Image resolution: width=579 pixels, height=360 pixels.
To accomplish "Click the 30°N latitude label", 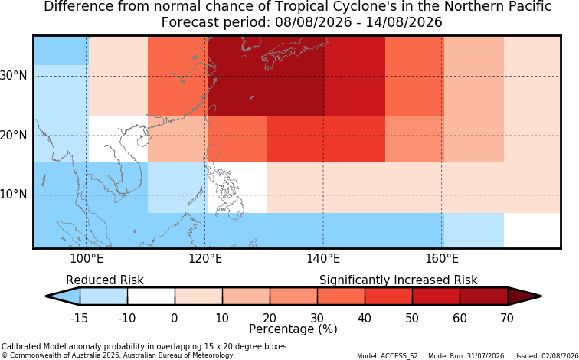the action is point(13,76).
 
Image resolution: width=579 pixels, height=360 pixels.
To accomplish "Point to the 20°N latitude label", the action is point(13,136).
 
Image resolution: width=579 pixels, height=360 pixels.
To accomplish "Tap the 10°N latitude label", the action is point(13,195).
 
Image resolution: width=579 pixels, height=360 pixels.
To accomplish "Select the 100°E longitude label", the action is point(87,259).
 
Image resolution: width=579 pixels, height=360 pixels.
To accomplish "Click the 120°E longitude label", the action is point(205,259).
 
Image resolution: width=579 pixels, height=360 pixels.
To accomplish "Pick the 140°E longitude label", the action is point(323,259).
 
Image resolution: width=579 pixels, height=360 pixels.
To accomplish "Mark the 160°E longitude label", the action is point(442,259).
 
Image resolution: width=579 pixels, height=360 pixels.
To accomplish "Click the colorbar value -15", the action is point(80,318).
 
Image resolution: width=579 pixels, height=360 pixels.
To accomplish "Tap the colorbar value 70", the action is point(507,318).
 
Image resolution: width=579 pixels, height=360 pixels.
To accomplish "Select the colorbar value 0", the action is point(175,318).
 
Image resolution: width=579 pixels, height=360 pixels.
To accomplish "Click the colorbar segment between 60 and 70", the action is point(484,296).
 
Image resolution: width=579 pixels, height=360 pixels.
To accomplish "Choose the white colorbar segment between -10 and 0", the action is point(151,296).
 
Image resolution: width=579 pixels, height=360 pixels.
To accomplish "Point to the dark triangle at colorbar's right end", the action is point(524,296).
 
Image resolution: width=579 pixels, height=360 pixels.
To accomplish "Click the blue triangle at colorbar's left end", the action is point(64,296).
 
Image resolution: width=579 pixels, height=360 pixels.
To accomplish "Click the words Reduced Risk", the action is point(105,280).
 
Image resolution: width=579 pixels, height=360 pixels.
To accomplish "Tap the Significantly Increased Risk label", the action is point(398,280).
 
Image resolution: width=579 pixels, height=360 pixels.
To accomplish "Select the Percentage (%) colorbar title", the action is point(293,329).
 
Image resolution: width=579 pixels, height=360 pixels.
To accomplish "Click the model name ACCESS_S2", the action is point(401,356).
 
